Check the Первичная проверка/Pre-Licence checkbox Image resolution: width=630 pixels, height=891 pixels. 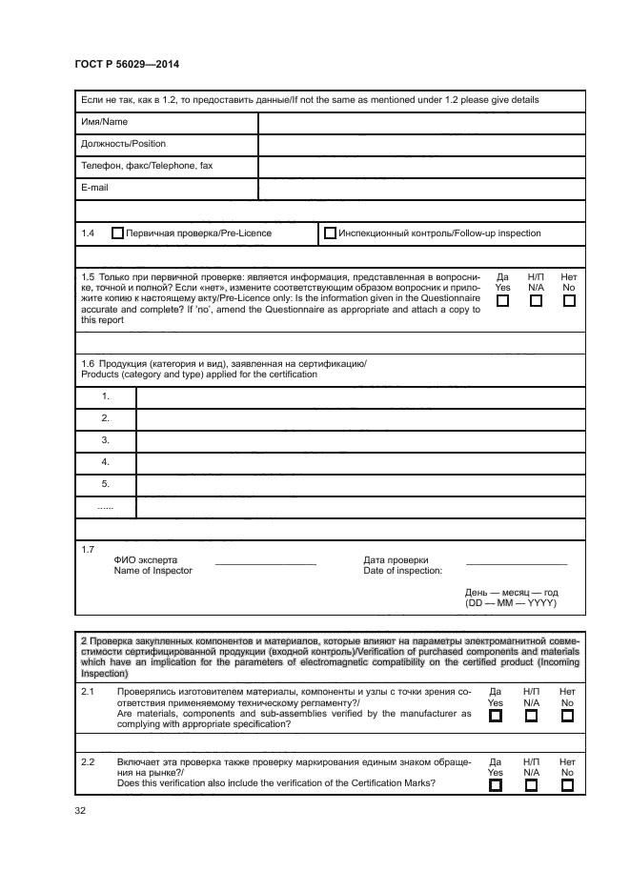(118, 233)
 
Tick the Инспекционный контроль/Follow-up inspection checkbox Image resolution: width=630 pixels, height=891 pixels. (331, 233)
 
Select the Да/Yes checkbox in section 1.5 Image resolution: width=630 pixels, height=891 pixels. (503, 301)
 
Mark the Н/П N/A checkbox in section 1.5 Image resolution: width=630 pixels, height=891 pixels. (536, 301)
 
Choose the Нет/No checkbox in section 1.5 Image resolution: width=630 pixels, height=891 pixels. (569, 301)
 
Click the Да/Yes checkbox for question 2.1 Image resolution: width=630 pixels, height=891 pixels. (495, 717)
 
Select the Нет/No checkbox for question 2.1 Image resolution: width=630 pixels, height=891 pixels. (567, 717)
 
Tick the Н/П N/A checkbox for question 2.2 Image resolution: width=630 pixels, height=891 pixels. (531, 785)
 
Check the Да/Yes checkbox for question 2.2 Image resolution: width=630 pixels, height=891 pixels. (495, 785)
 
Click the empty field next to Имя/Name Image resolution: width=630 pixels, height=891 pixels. (421, 123)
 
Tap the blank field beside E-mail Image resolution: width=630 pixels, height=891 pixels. (421, 189)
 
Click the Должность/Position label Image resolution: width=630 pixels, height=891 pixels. (123, 144)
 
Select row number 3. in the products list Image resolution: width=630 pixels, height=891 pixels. (106, 440)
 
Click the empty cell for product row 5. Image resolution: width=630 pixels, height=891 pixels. (360, 484)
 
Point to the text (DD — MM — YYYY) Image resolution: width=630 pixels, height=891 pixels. (511, 603)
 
